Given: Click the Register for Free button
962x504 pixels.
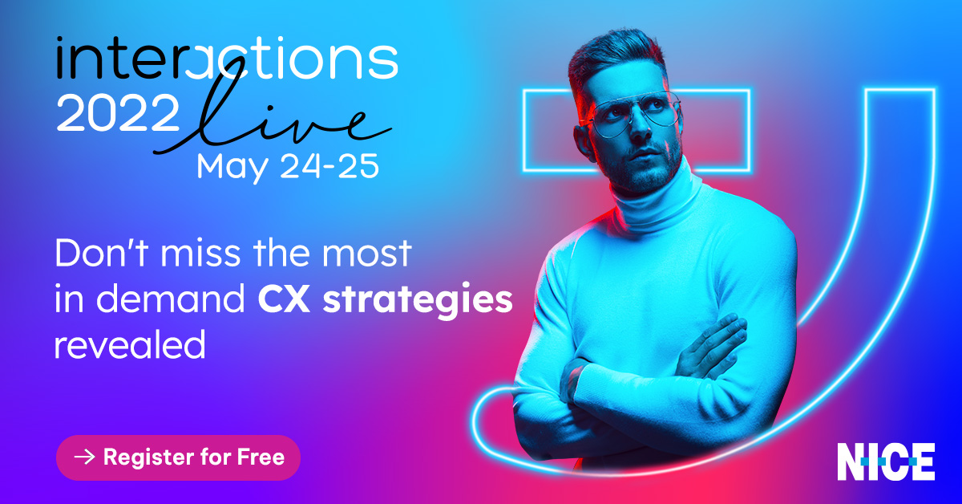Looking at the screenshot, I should click(178, 457).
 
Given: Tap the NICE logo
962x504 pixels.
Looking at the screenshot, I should click(886, 461).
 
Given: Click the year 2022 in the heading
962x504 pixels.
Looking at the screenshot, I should click(118, 116).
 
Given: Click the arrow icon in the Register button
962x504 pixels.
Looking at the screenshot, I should click(84, 457).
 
